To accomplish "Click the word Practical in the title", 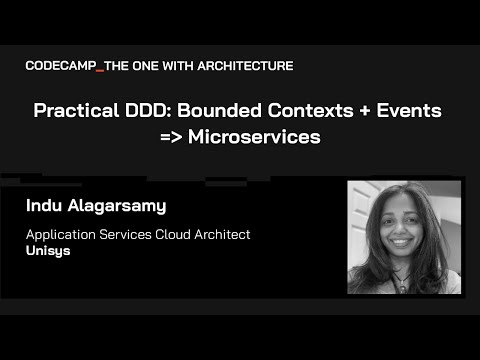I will tap(76, 111).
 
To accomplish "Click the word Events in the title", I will tap(421, 111).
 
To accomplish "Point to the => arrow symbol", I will tap(172, 138).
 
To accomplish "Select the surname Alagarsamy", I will tap(125, 208).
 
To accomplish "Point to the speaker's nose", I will tap(392, 226).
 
